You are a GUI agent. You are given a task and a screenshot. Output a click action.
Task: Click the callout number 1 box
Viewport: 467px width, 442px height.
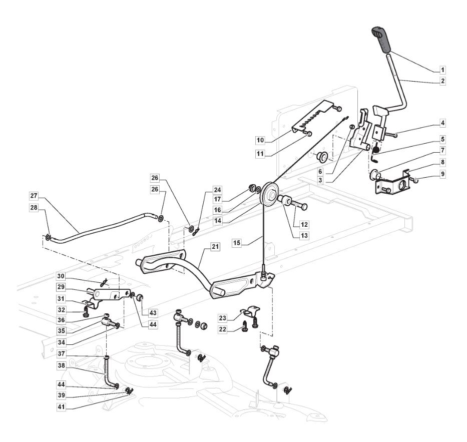(x=442, y=70)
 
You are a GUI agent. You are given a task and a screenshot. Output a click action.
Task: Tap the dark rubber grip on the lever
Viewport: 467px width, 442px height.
(x=381, y=40)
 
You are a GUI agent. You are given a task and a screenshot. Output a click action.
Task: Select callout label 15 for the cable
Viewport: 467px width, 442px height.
(x=237, y=243)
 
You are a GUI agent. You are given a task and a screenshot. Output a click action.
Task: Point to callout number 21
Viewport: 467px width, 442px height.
(x=215, y=247)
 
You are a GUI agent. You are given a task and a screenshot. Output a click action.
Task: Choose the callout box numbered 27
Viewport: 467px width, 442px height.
(x=34, y=196)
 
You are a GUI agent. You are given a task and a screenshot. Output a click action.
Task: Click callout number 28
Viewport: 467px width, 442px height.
(x=34, y=207)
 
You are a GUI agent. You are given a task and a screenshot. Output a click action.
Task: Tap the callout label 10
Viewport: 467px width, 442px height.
(x=260, y=140)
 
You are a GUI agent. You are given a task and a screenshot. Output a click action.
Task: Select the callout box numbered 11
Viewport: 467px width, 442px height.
(x=260, y=154)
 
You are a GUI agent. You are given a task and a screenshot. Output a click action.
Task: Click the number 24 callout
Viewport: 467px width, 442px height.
(x=217, y=190)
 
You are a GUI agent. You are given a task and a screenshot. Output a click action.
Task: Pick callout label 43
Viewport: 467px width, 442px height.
(x=153, y=313)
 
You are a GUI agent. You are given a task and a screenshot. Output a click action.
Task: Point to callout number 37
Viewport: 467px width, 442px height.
(x=62, y=354)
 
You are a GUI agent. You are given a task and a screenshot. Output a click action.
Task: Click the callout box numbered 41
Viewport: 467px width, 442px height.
(x=62, y=407)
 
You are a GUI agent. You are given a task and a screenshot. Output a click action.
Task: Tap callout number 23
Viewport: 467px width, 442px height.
(x=222, y=318)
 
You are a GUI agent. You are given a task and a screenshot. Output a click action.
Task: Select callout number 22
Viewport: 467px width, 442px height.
(x=222, y=329)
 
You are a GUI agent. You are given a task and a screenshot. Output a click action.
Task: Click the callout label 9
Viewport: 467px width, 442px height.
(x=442, y=174)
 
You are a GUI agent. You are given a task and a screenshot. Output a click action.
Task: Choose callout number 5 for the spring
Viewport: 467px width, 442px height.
(x=442, y=139)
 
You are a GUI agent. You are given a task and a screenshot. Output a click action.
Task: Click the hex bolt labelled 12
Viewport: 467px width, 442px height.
(x=299, y=205)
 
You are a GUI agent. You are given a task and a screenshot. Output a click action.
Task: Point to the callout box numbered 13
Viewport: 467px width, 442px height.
(x=304, y=236)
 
